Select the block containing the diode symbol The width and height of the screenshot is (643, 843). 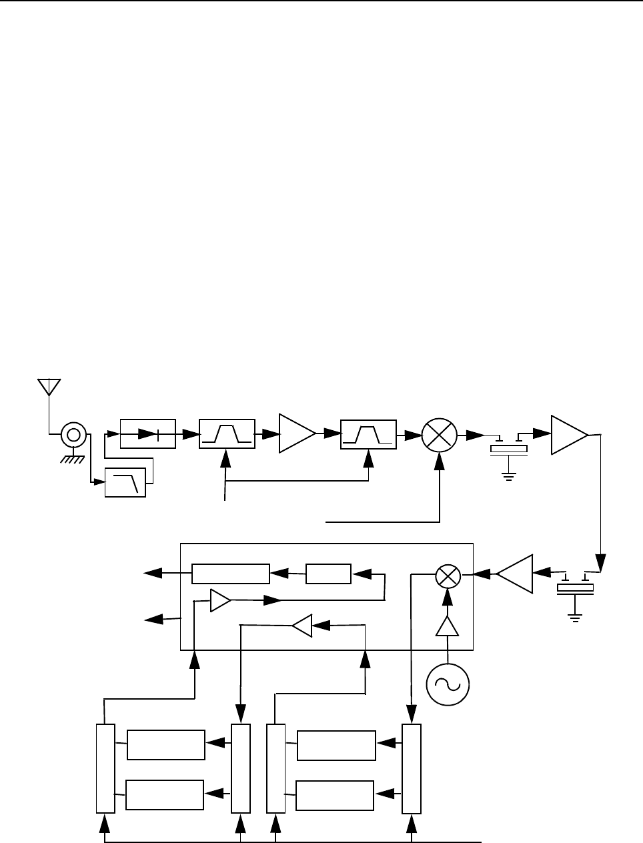click(147, 434)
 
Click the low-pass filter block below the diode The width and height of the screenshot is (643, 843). click(125, 483)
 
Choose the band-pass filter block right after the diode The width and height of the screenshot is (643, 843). click(227, 434)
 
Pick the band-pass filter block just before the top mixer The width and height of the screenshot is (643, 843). click(368, 434)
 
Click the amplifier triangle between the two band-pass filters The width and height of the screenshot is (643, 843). click(295, 434)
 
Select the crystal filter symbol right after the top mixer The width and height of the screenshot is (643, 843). click(509, 448)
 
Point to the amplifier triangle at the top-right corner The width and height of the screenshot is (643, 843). click(567, 435)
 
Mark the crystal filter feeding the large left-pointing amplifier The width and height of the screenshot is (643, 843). click(575, 586)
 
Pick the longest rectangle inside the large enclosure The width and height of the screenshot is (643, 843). click(230, 573)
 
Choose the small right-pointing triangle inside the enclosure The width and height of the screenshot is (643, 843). click(219, 600)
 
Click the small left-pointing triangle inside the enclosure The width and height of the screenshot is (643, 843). click(302, 626)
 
